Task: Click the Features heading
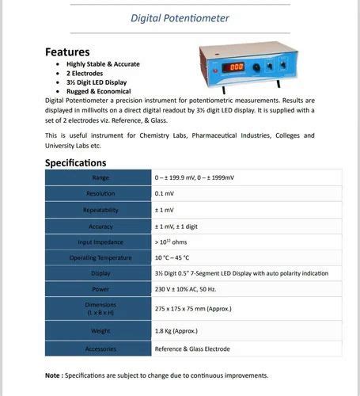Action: point(73,51)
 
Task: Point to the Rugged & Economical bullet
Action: point(98,91)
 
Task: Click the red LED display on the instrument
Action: point(235,67)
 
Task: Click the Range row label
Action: point(100,177)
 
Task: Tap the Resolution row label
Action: point(100,194)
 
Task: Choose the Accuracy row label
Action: point(100,226)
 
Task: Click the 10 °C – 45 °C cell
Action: point(172,257)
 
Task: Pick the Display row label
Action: point(100,273)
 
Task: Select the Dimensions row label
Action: point(100,309)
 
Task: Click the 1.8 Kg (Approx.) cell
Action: point(176,331)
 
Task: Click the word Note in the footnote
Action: point(55,375)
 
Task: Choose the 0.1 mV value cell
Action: point(165,194)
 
